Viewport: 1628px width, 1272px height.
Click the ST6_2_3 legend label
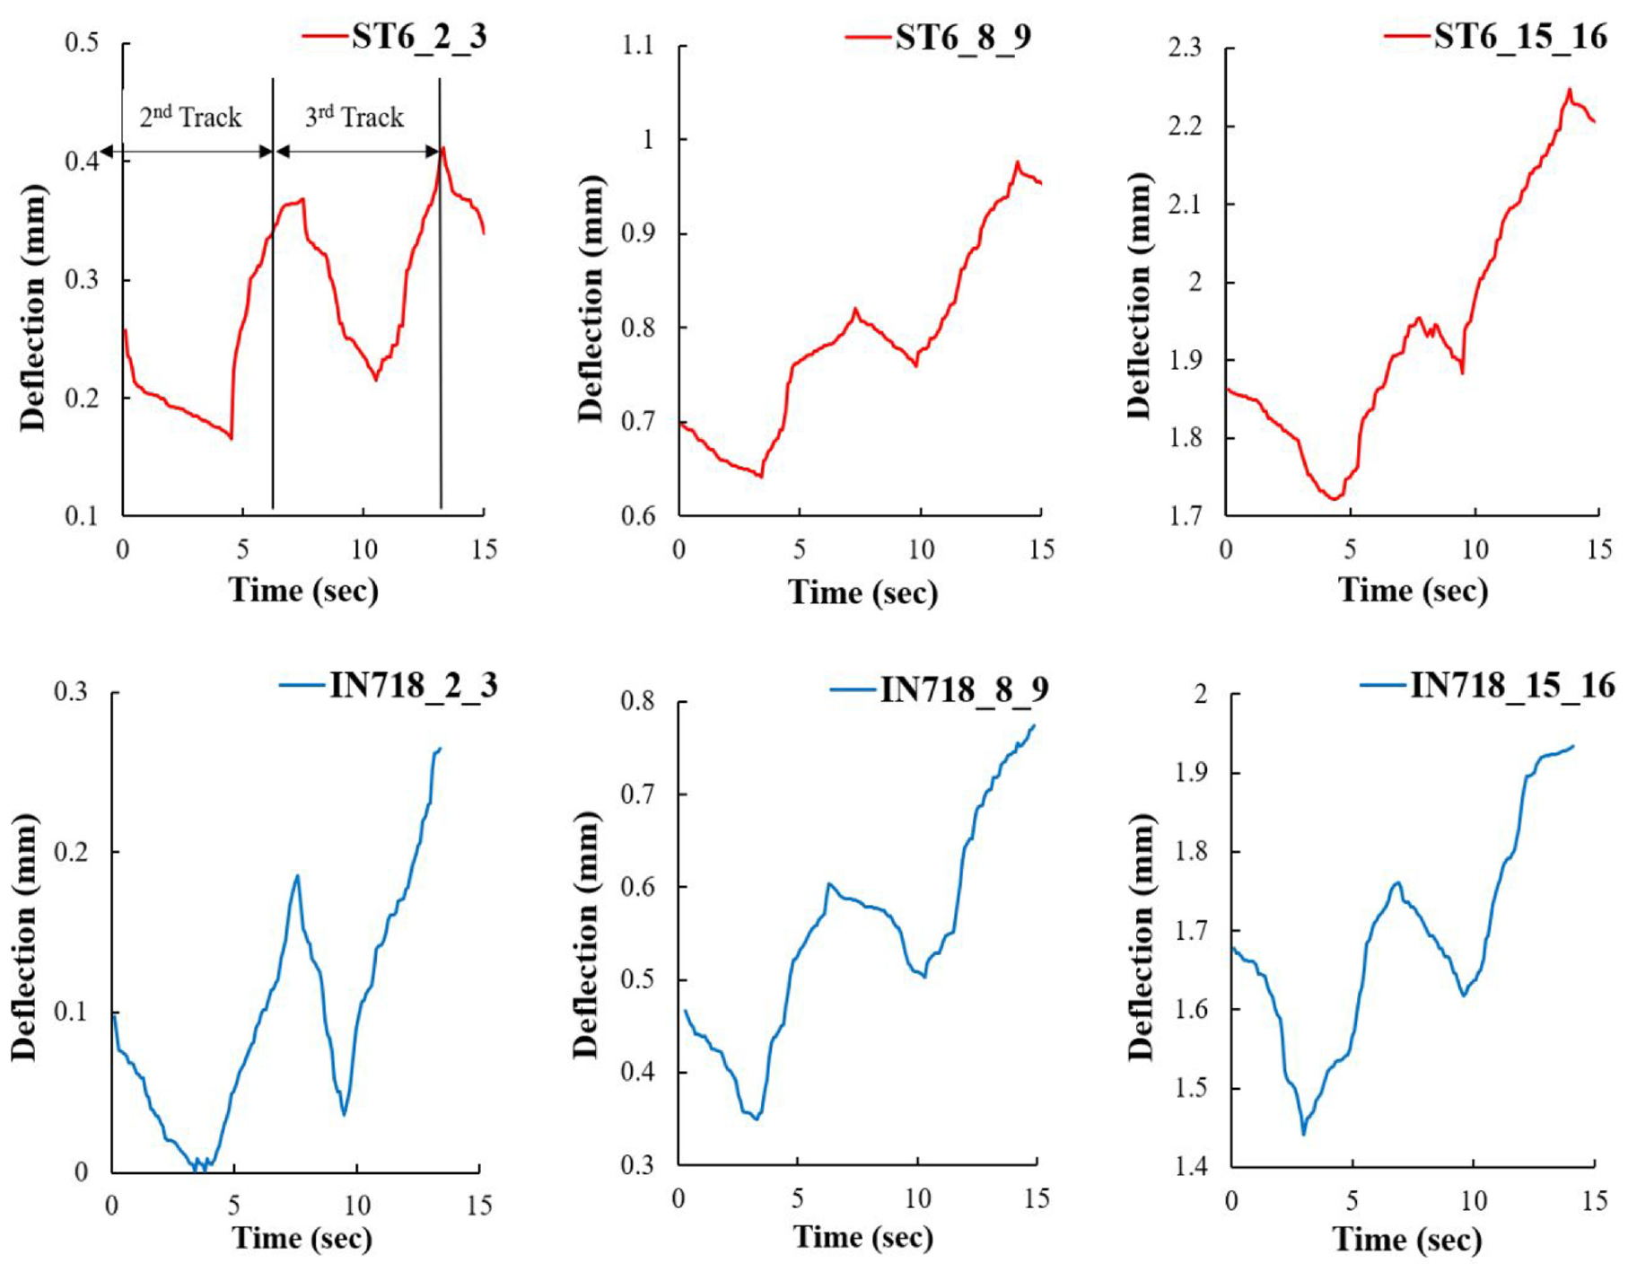(x=419, y=37)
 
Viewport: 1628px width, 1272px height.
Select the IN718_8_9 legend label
(x=964, y=689)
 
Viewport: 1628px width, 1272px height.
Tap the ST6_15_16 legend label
(x=1520, y=37)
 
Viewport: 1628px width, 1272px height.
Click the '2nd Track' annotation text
(x=190, y=117)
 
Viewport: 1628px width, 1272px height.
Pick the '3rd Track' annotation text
(x=354, y=117)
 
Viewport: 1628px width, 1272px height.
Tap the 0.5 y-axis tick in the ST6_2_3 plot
(x=82, y=43)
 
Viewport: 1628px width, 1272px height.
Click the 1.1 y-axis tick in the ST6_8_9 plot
(x=639, y=45)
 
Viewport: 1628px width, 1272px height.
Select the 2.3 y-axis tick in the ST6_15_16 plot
(x=1185, y=47)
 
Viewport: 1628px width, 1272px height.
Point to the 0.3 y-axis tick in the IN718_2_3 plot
(x=72, y=692)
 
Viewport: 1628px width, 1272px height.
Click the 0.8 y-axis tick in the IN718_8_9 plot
(x=638, y=701)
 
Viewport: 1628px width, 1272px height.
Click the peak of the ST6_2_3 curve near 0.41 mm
(x=442, y=148)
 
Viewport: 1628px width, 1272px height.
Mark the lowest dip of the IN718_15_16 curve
(x=1303, y=1135)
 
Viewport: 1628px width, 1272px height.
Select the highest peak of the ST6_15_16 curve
(x=1570, y=89)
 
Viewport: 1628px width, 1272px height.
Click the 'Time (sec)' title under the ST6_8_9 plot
(x=863, y=592)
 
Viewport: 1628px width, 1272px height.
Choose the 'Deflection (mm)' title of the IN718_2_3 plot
(x=24, y=938)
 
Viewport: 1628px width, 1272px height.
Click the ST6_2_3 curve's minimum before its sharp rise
(x=231, y=438)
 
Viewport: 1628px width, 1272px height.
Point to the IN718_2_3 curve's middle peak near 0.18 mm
(x=297, y=876)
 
